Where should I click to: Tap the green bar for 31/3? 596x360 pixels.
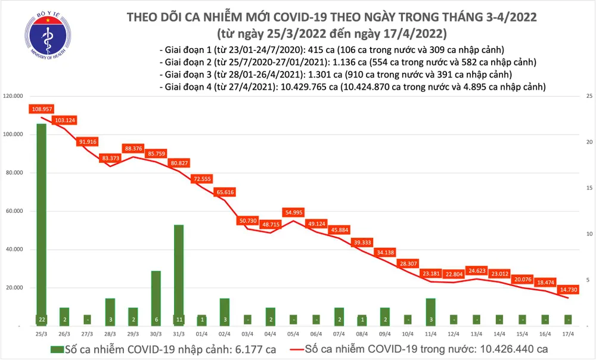pos(178,275)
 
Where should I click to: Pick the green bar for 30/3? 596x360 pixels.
pos(156,298)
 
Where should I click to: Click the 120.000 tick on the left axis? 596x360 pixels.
pos(13,96)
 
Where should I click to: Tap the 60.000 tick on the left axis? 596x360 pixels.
pos(14,211)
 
